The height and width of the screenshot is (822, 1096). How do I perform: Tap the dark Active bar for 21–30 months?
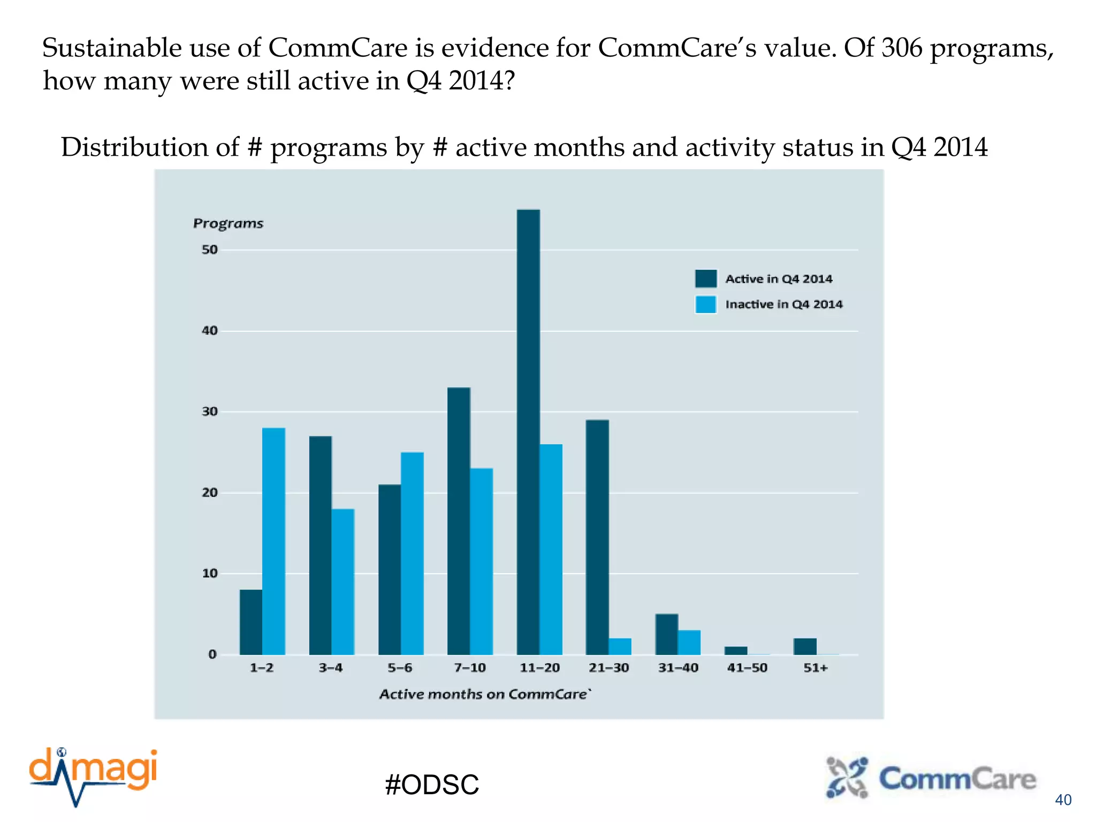click(x=597, y=537)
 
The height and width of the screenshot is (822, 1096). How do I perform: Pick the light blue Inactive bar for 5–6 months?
click(x=412, y=553)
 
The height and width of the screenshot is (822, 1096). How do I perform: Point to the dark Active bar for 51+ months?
click(x=805, y=646)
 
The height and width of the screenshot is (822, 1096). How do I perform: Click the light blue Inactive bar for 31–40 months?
click(x=689, y=642)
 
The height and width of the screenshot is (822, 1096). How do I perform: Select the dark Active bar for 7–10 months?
click(x=459, y=521)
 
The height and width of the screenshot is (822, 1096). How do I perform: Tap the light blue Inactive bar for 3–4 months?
click(x=343, y=581)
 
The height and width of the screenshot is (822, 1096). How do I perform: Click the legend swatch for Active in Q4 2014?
click(x=706, y=279)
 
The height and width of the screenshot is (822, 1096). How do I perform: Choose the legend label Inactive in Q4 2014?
click(x=784, y=305)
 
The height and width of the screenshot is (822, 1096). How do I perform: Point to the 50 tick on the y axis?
click(x=210, y=250)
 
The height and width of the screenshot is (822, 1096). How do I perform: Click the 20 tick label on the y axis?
click(x=210, y=493)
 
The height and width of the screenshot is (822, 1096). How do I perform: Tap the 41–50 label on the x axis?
click(x=747, y=668)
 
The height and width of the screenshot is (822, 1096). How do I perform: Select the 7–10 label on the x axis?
click(x=470, y=668)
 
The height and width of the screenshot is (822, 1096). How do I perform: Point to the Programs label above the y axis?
click(x=228, y=223)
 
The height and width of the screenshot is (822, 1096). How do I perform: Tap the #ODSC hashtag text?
click(x=431, y=785)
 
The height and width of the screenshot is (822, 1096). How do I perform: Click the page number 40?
click(x=1063, y=800)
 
